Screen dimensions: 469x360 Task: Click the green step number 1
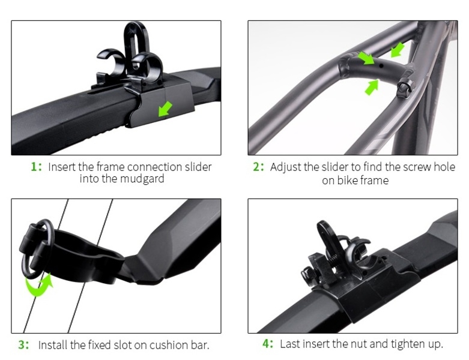pyautogui.click(x=34, y=167)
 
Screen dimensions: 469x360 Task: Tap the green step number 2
pyautogui.click(x=256, y=167)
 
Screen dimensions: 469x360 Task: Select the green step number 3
pyautogui.click(x=22, y=344)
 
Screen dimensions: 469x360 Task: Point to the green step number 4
pyautogui.click(x=266, y=343)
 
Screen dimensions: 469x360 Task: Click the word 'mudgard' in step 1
pyautogui.click(x=142, y=179)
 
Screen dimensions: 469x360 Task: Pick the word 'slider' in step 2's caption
pyautogui.click(x=334, y=167)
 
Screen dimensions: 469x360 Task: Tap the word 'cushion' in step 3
pyautogui.click(x=169, y=345)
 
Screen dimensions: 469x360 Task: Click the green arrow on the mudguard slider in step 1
pyautogui.click(x=165, y=109)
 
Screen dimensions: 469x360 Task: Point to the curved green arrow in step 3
pyautogui.click(x=39, y=285)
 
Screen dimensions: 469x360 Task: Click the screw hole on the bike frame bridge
pyautogui.click(x=381, y=66)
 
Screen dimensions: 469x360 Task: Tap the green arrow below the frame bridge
pyautogui.click(x=372, y=87)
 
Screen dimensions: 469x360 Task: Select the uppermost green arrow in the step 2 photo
pyautogui.click(x=398, y=50)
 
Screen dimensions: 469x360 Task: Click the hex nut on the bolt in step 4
pyautogui.click(x=308, y=274)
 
